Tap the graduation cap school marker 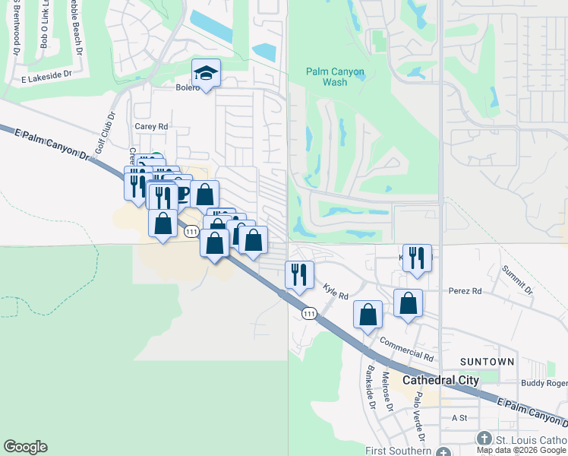tap(206, 74)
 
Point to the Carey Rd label tap(150, 126)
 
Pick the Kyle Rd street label tap(335, 290)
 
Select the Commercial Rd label tap(406, 350)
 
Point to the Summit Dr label tap(517, 280)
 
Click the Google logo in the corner tap(25, 447)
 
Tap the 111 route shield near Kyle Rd tap(308, 313)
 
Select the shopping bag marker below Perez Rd tap(408, 302)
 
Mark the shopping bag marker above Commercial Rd tap(368, 315)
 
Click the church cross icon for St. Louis tap(485, 439)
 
